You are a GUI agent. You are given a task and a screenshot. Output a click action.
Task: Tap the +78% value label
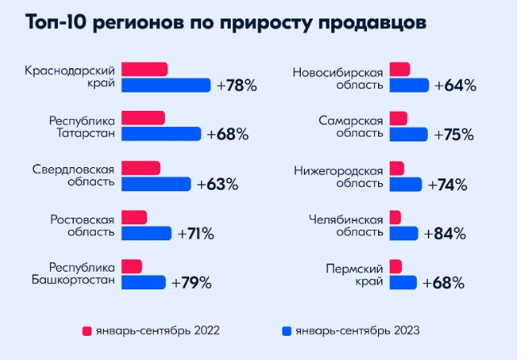point(236,85)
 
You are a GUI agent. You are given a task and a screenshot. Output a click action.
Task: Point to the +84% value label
point(446,234)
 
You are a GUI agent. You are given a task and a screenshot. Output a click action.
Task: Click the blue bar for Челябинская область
point(403,234)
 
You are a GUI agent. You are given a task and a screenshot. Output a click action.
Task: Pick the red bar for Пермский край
point(396,266)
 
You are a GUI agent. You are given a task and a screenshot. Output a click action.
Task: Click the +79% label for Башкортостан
point(191,282)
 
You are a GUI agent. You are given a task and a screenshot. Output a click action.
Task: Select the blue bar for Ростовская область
point(146,233)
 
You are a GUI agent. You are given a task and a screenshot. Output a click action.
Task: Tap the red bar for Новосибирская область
point(399,69)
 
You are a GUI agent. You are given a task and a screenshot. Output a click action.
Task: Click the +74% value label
point(447,185)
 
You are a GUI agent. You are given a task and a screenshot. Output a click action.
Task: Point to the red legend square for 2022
point(86,330)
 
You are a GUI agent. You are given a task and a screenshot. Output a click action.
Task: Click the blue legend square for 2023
point(286,330)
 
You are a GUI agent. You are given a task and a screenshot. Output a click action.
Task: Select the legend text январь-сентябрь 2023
point(357,330)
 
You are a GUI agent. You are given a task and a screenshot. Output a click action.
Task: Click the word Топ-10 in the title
point(56,22)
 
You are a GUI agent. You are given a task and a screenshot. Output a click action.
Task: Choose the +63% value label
point(217,184)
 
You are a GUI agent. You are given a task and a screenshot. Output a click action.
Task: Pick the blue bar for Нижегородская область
point(405,185)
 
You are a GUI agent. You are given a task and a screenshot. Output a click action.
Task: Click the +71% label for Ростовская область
point(195,234)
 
